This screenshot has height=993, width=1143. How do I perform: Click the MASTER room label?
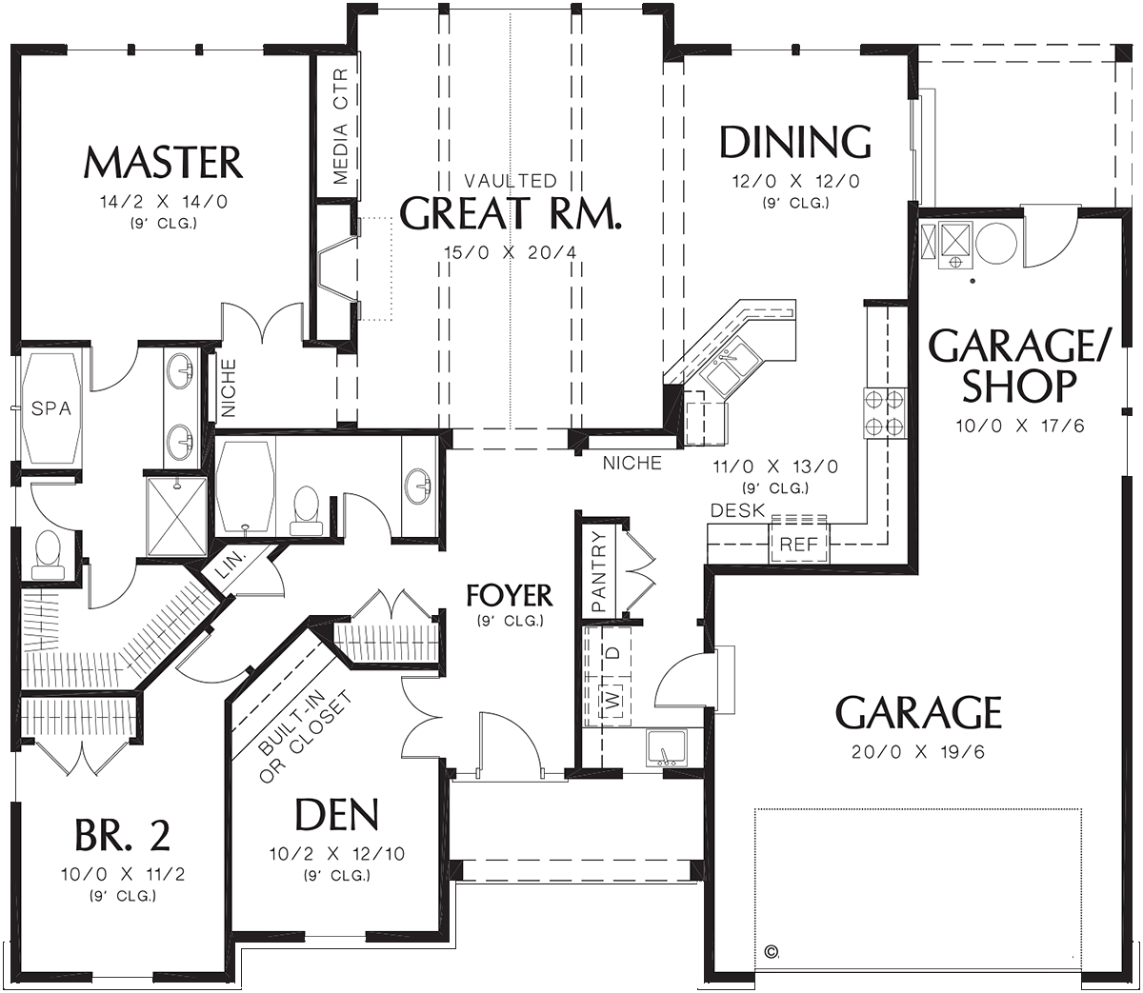tap(163, 163)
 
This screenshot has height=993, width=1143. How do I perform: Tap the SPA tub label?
tap(51, 408)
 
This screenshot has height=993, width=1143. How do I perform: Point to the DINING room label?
tap(794, 143)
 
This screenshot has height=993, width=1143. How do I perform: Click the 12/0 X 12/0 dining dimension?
tap(794, 180)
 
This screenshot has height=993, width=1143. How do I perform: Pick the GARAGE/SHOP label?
tap(1018, 366)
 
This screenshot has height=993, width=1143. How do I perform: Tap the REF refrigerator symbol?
tap(798, 545)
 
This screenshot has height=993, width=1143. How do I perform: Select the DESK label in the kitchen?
tap(737, 511)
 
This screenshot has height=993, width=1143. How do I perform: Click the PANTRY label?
tap(599, 571)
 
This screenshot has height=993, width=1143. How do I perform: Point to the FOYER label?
tap(510, 596)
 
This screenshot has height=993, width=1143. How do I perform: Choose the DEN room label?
tap(337, 815)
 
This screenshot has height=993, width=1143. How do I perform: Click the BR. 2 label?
tap(123, 836)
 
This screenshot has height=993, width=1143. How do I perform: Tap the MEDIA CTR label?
tap(340, 128)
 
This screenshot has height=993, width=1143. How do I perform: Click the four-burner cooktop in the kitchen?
tap(884, 412)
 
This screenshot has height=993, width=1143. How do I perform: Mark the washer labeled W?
tap(614, 702)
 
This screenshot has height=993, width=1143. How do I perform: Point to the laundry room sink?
tap(666, 746)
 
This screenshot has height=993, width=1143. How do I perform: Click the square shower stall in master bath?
tap(175, 515)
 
